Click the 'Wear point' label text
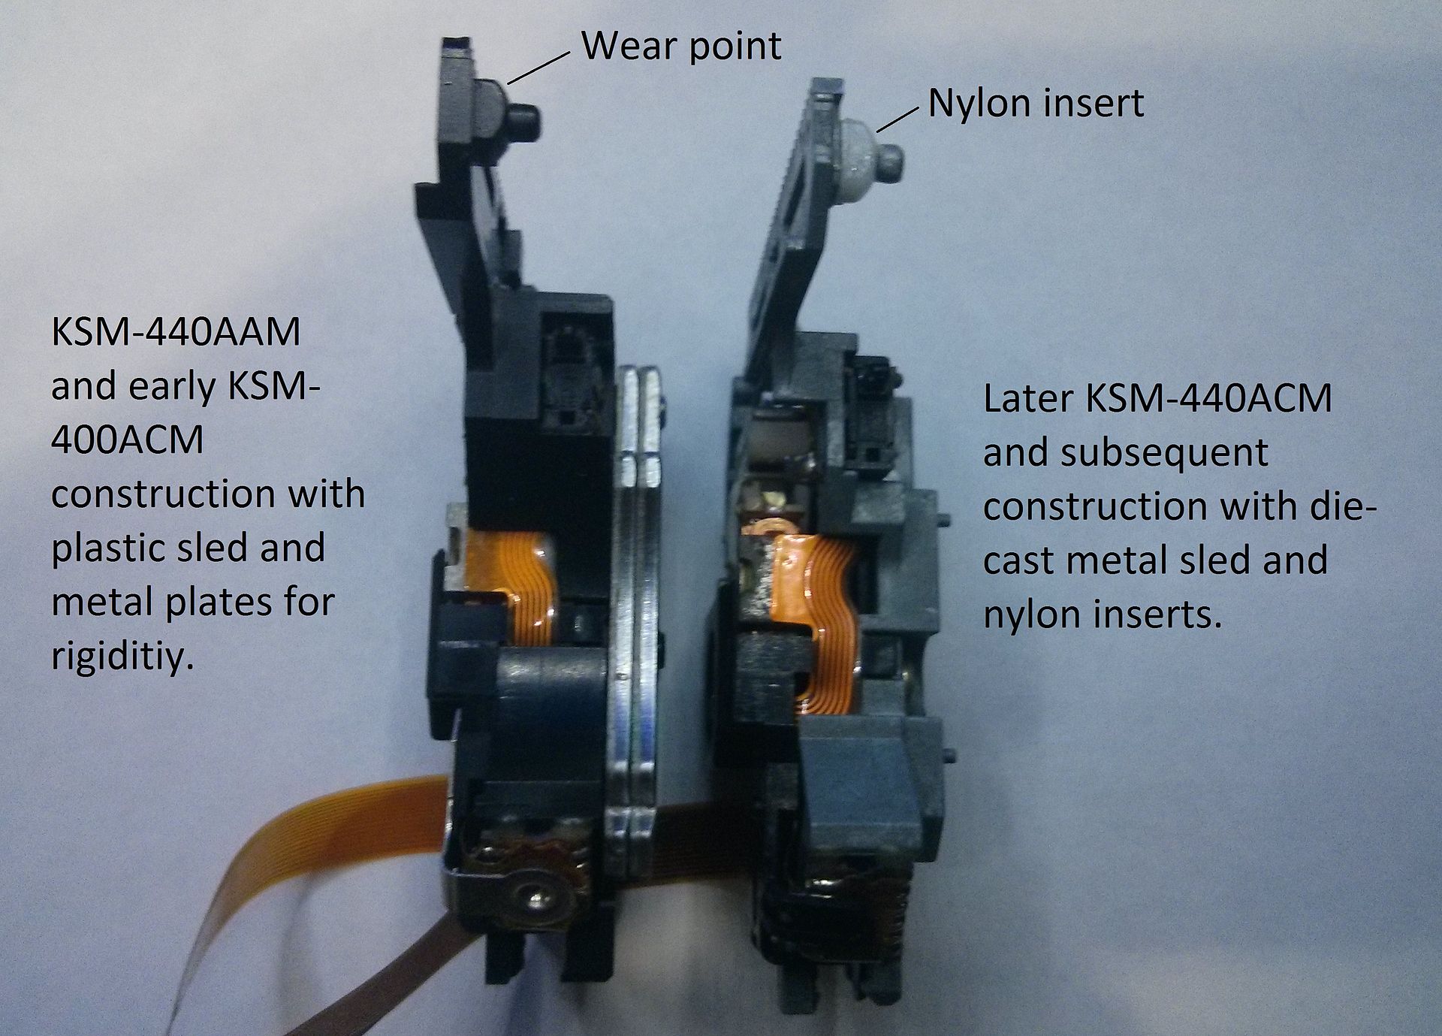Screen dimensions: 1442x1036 pos(681,46)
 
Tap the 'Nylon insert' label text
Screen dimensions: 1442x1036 pos(1036,103)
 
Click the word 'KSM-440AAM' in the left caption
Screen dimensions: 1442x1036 pos(176,333)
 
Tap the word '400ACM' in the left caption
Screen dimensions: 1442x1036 pos(127,439)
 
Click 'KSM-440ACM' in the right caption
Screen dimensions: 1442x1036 pos(1208,399)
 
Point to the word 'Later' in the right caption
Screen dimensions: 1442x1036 pos(1029,399)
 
